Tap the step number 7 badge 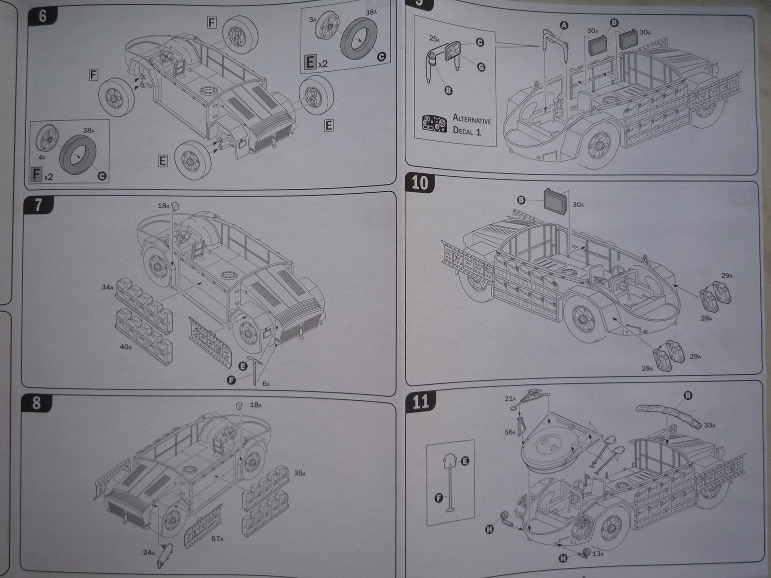38,205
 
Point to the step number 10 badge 420,184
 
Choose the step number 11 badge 421,401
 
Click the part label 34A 107,288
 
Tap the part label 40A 126,346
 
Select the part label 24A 148,552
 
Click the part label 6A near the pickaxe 266,383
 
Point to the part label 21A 510,398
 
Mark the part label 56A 510,433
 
